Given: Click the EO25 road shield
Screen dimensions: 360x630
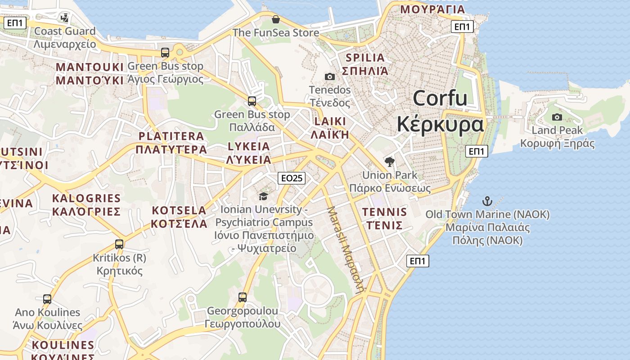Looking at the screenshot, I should [292, 178].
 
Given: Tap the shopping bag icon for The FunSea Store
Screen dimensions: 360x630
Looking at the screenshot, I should [276, 19].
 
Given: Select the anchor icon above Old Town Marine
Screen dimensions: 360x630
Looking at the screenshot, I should [487, 201].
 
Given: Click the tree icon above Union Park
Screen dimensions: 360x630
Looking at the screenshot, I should [390, 162].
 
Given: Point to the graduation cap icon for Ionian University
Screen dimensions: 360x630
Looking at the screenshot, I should [263, 196].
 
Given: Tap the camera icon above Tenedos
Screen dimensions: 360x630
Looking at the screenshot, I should [330, 77].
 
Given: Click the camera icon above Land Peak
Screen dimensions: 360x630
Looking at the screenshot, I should [557, 117].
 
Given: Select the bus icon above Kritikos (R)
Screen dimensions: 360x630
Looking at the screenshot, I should [119, 244].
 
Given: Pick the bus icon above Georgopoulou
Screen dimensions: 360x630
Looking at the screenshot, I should [243, 297].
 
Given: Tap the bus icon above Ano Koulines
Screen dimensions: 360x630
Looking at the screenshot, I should [47, 299].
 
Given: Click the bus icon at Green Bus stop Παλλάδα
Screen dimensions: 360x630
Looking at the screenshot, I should [252, 101].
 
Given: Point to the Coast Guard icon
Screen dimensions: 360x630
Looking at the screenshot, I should [65, 18].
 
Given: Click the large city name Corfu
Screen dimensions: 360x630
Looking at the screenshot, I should [440, 98].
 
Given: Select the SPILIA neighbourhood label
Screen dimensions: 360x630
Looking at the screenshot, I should [365, 58].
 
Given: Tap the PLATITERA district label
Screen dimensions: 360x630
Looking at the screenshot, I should [171, 136].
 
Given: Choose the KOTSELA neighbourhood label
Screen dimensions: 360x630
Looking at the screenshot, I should [179, 210].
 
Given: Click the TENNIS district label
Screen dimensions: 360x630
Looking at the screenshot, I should [384, 212].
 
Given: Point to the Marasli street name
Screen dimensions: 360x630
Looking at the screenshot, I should [346, 250].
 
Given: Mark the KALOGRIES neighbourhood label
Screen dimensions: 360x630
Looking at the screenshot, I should [86, 198].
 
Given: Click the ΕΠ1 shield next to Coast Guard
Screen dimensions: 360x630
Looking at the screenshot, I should [15, 23].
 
